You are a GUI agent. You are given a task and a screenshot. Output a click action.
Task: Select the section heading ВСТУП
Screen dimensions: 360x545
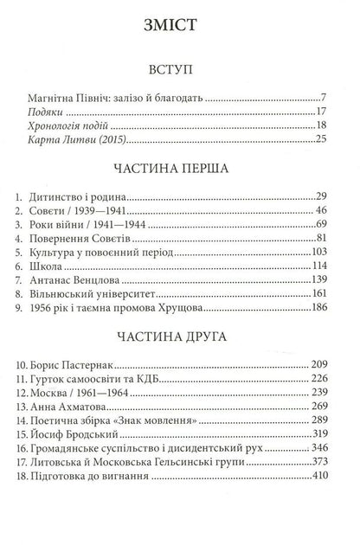[x=180, y=67]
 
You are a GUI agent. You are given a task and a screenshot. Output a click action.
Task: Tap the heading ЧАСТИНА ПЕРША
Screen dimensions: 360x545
[x=180, y=169]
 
